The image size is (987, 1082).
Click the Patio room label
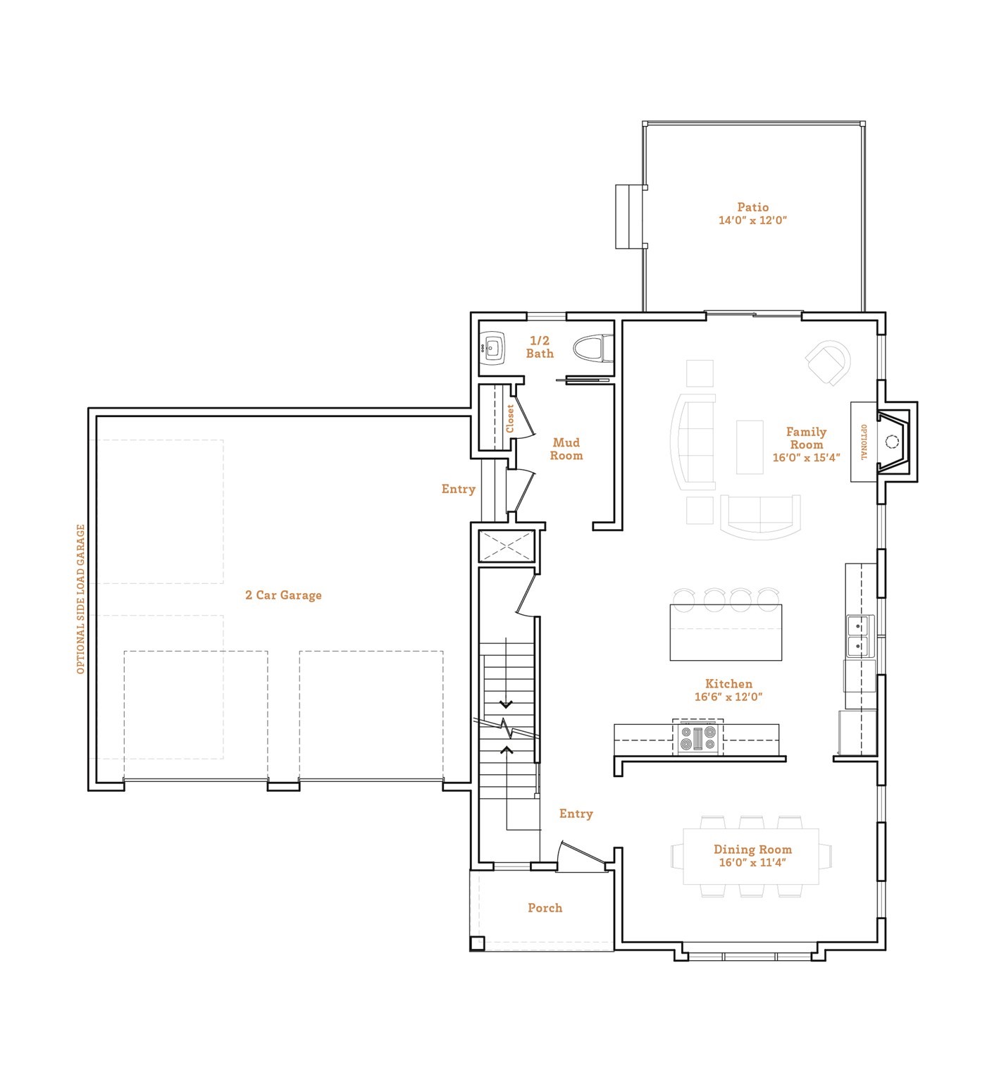coord(752,207)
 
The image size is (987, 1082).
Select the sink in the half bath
coord(494,348)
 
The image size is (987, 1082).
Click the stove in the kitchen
coord(697,738)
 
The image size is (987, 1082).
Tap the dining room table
coord(751,856)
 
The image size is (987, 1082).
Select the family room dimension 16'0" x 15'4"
coord(806,458)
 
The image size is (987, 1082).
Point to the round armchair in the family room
coord(828,362)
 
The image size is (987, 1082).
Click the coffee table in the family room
coord(750,447)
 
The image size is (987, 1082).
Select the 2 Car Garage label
coord(283,595)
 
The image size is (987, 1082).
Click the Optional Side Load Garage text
coord(81,599)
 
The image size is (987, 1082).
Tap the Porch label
coord(545,908)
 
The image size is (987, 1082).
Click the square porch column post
coord(477,943)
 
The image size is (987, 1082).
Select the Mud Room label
coord(566,449)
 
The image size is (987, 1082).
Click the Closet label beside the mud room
coord(510,418)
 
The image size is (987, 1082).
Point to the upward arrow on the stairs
coord(506,750)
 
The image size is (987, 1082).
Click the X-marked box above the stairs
coord(507,546)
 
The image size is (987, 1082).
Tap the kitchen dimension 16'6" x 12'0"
coord(728,697)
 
